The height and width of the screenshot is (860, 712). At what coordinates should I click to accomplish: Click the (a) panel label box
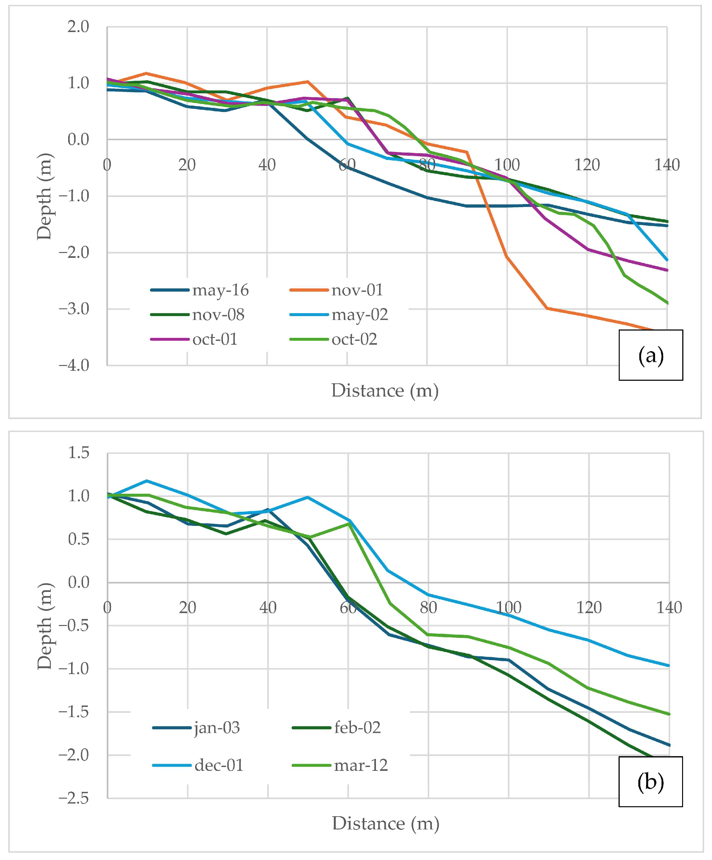650,355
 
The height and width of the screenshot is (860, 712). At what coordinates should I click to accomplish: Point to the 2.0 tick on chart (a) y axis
78,27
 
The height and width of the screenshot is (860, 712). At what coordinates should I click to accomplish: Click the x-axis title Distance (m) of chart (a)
385,391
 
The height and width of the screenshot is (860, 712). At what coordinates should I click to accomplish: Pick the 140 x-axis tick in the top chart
667,165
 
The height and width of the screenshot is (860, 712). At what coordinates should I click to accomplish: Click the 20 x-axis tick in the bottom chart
187,608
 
